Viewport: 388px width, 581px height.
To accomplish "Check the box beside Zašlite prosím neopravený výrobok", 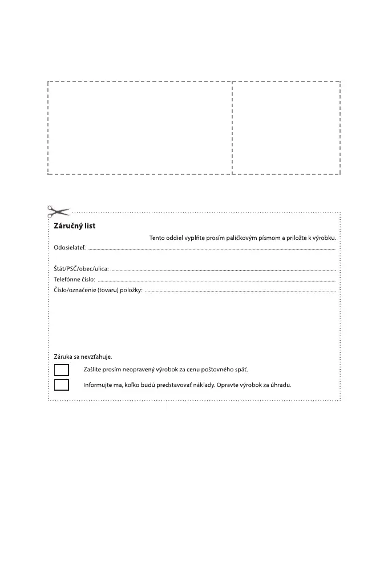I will click(x=62, y=370).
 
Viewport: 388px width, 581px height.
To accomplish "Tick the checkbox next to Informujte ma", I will click(x=62, y=384).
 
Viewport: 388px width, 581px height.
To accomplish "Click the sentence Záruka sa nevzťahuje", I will click(x=83, y=357).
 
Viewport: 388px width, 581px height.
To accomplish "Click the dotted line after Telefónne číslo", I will click(x=217, y=281).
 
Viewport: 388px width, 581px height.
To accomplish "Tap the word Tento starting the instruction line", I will click(x=159, y=238).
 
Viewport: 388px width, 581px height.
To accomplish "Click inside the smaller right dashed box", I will click(x=286, y=128).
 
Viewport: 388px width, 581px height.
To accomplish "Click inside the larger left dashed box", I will click(x=140, y=128).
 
